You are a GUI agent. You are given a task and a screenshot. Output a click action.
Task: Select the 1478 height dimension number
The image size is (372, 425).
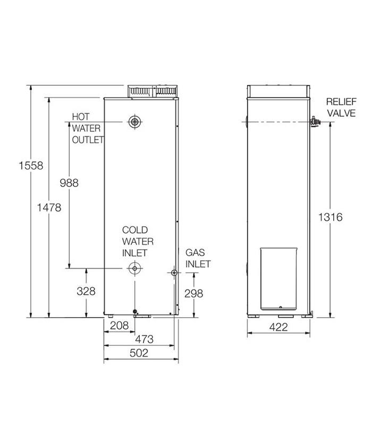[50, 207]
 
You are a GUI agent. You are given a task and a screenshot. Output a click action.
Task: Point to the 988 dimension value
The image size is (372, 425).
[69, 183]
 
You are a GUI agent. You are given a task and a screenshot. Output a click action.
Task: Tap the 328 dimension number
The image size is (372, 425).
[86, 291]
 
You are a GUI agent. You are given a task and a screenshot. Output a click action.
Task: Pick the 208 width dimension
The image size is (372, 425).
[119, 325]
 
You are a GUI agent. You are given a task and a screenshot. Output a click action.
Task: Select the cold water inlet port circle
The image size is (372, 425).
[135, 269]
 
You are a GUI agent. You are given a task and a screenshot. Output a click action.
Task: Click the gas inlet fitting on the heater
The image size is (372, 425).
[174, 273]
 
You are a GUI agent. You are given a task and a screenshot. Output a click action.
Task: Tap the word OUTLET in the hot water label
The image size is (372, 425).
[88, 140]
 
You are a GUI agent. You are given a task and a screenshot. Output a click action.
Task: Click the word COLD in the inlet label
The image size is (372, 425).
[135, 230]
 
